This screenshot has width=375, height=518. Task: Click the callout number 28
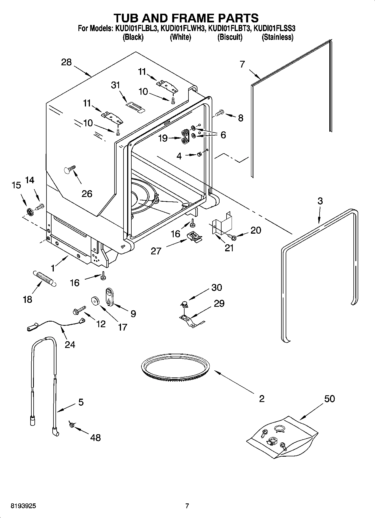66,62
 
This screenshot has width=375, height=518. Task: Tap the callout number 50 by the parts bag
329,398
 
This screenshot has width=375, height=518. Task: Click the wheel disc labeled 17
96,301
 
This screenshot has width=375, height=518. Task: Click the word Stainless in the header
277,37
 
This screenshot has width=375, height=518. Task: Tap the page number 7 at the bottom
187,506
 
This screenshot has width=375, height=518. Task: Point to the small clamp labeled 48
71,425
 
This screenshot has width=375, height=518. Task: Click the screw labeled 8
219,113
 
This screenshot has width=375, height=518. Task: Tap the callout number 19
163,138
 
